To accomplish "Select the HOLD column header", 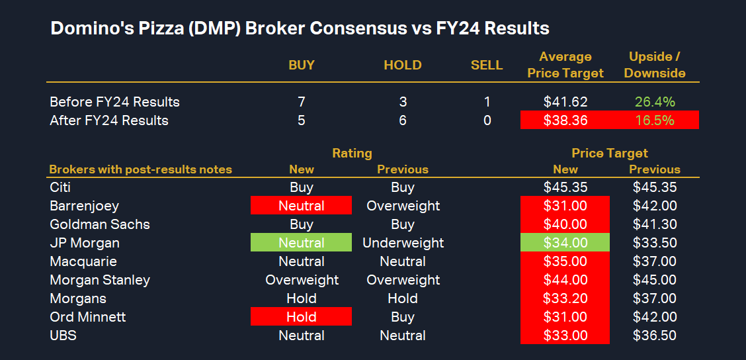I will [403, 65].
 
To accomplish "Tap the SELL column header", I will [487, 65].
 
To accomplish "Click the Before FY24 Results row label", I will [115, 102].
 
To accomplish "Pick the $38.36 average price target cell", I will [565, 120].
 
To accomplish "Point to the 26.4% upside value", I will [655, 102].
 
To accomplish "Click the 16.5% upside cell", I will [655, 120].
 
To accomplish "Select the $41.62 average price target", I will [565, 102].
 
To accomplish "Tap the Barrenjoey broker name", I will [84, 206].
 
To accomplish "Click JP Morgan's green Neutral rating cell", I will [302, 243].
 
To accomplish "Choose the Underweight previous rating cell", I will [403, 243].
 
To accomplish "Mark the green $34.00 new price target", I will [565, 243].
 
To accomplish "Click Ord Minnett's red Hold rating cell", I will [302, 317].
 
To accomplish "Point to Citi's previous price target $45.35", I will [655, 187].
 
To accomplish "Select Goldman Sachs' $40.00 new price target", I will [565, 224].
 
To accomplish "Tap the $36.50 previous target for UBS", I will [655, 336].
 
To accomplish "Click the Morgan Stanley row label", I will [100, 280].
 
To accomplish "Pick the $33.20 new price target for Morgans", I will [565, 298].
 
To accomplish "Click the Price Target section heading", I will [610, 154].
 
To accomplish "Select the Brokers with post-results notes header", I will [141, 169].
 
